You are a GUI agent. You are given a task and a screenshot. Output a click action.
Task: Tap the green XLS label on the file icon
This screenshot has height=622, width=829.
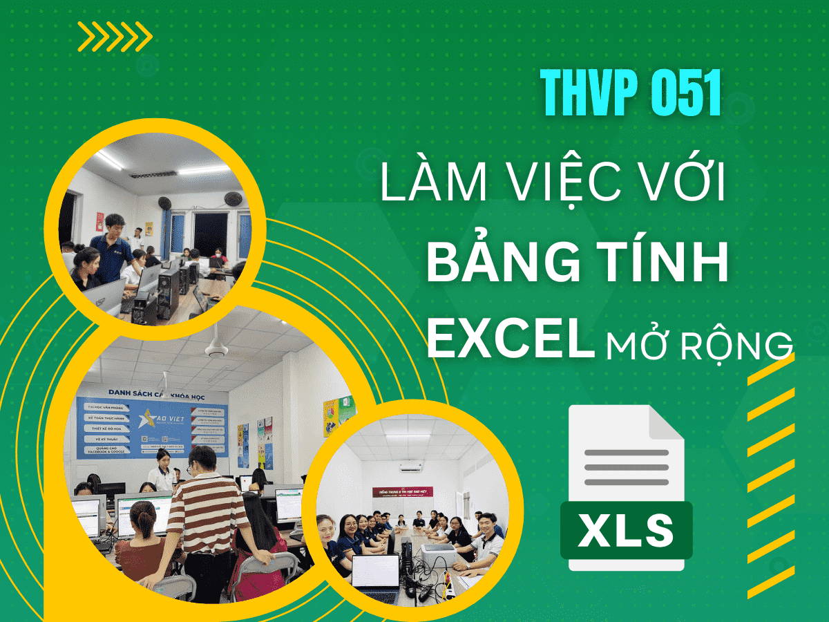click(x=626, y=530)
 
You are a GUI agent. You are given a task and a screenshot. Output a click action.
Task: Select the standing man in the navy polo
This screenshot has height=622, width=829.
click(x=111, y=245)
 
